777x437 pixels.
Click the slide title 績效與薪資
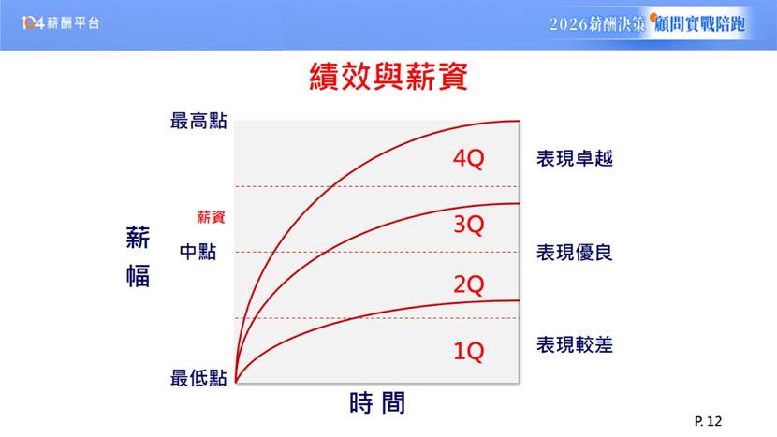pos(388,77)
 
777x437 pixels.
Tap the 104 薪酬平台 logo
pos(61,22)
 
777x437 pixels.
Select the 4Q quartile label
pos(468,158)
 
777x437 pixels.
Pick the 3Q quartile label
pos(468,225)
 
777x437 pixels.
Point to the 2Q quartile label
pos(468,284)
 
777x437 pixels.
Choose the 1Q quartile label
pos(468,351)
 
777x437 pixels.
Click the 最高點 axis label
pos(198,121)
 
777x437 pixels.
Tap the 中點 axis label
pos(198,252)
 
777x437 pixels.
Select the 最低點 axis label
pos(198,378)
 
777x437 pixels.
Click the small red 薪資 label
pos(211,217)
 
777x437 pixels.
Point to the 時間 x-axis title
pos(377,402)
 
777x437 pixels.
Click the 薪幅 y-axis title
pos(138,256)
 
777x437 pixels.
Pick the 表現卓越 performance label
pos(575,158)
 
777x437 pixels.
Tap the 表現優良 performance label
pos(575,253)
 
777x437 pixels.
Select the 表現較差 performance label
pos(575,345)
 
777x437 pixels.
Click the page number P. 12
pos(708,421)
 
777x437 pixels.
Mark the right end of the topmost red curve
pos(520,121)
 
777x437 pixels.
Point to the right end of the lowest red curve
pos(520,300)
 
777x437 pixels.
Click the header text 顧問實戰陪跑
pos(699,23)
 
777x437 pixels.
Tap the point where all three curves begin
pos(236,382)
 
